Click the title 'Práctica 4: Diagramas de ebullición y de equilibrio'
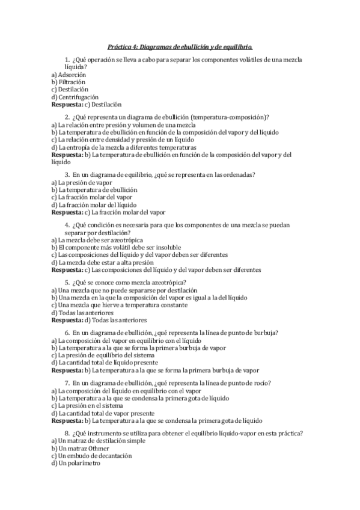tap(180, 46)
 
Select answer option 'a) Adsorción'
tap(69, 75)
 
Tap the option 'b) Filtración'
tap(69, 82)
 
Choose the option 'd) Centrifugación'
tap(75, 96)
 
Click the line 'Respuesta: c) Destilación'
tap(87, 103)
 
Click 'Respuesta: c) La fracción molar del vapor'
tap(108, 212)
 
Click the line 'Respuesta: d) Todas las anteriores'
tap(99, 320)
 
